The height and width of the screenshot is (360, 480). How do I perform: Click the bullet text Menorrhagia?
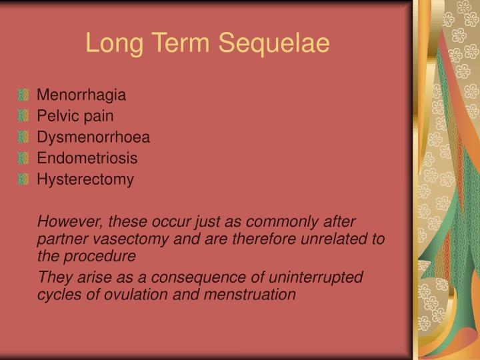click(81, 95)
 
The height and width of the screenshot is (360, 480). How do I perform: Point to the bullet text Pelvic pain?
click(75, 116)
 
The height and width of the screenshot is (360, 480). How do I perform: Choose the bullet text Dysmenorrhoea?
click(93, 137)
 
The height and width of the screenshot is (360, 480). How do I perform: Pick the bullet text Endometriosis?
click(87, 158)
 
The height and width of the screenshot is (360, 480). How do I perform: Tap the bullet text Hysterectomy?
click(85, 179)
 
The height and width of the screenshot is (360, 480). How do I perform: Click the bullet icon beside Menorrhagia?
click(25, 95)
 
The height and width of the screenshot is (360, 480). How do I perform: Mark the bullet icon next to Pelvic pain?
click(25, 116)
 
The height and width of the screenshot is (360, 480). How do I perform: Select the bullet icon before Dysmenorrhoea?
click(25, 137)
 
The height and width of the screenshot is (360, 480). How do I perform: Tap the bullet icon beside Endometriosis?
click(25, 158)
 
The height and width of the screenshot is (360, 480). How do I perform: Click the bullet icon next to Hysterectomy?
click(25, 179)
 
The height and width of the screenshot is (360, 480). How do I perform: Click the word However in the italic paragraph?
click(66, 221)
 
